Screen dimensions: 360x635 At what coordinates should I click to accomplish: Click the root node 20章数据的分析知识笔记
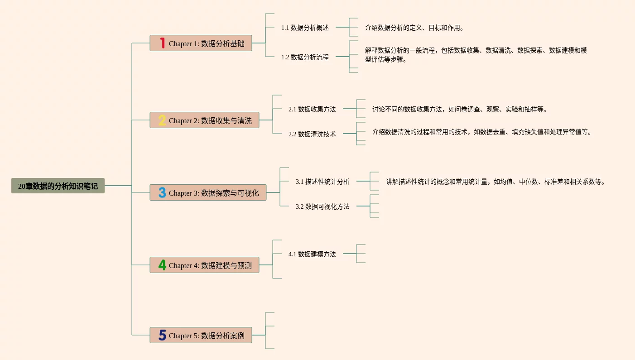[x=58, y=186]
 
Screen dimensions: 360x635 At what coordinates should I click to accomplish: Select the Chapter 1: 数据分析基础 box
[x=207, y=43]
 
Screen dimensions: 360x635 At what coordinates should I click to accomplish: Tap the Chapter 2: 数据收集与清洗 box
[x=210, y=120]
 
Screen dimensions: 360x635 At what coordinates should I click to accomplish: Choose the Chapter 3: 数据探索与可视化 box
[x=214, y=193]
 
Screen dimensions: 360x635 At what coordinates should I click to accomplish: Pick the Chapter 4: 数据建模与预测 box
[x=210, y=265]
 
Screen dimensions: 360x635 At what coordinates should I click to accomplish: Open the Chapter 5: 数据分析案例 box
[x=207, y=336]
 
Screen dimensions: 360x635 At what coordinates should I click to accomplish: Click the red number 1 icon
[x=162, y=43]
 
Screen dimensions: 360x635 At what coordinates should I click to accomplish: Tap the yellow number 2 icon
[x=162, y=120]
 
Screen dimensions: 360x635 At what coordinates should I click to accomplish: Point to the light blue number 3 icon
[x=162, y=192]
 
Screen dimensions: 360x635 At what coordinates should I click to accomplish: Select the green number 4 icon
[x=162, y=265]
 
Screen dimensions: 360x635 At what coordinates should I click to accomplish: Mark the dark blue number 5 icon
[x=162, y=335]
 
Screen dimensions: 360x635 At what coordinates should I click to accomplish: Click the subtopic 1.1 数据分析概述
[x=305, y=28]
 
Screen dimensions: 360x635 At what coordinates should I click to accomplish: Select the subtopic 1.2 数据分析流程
[x=305, y=57]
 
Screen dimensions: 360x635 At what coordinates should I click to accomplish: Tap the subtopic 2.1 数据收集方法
[x=312, y=109]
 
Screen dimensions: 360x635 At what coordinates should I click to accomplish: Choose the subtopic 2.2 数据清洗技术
[x=312, y=134]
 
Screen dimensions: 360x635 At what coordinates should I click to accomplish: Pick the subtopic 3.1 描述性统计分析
[x=322, y=182]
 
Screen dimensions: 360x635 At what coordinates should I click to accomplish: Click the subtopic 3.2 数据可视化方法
[x=322, y=206]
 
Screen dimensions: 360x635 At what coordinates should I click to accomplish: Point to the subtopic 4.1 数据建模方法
[x=312, y=254]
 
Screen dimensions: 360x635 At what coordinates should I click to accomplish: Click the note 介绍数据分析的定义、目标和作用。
[x=414, y=28]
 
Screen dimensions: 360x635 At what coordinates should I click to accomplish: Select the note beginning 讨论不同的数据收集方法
[x=459, y=109]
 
